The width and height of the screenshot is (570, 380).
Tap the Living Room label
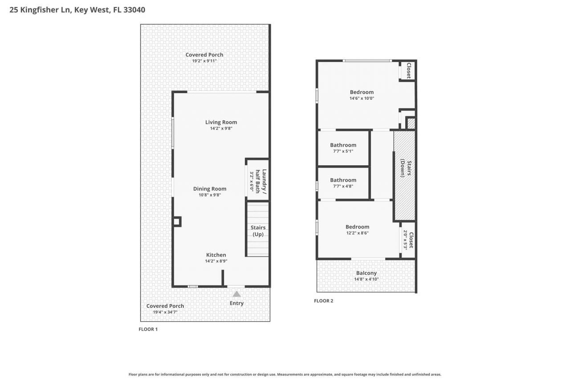pos(221,122)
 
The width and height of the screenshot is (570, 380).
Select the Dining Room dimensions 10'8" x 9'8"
pos(209,195)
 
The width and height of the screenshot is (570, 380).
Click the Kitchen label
pos(216,255)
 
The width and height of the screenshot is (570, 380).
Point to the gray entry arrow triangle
pos(236,294)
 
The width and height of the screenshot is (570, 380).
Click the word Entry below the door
pos(236,303)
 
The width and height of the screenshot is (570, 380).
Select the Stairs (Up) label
pos(258,231)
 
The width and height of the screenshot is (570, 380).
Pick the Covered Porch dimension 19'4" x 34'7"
pos(165,312)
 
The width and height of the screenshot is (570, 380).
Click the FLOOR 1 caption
pos(148,329)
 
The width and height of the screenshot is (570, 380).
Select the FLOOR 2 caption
pos(323,301)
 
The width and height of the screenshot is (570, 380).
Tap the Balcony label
pos(366,273)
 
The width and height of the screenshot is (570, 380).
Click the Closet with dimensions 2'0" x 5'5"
pos(408,240)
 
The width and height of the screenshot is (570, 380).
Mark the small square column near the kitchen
pos(177,221)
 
